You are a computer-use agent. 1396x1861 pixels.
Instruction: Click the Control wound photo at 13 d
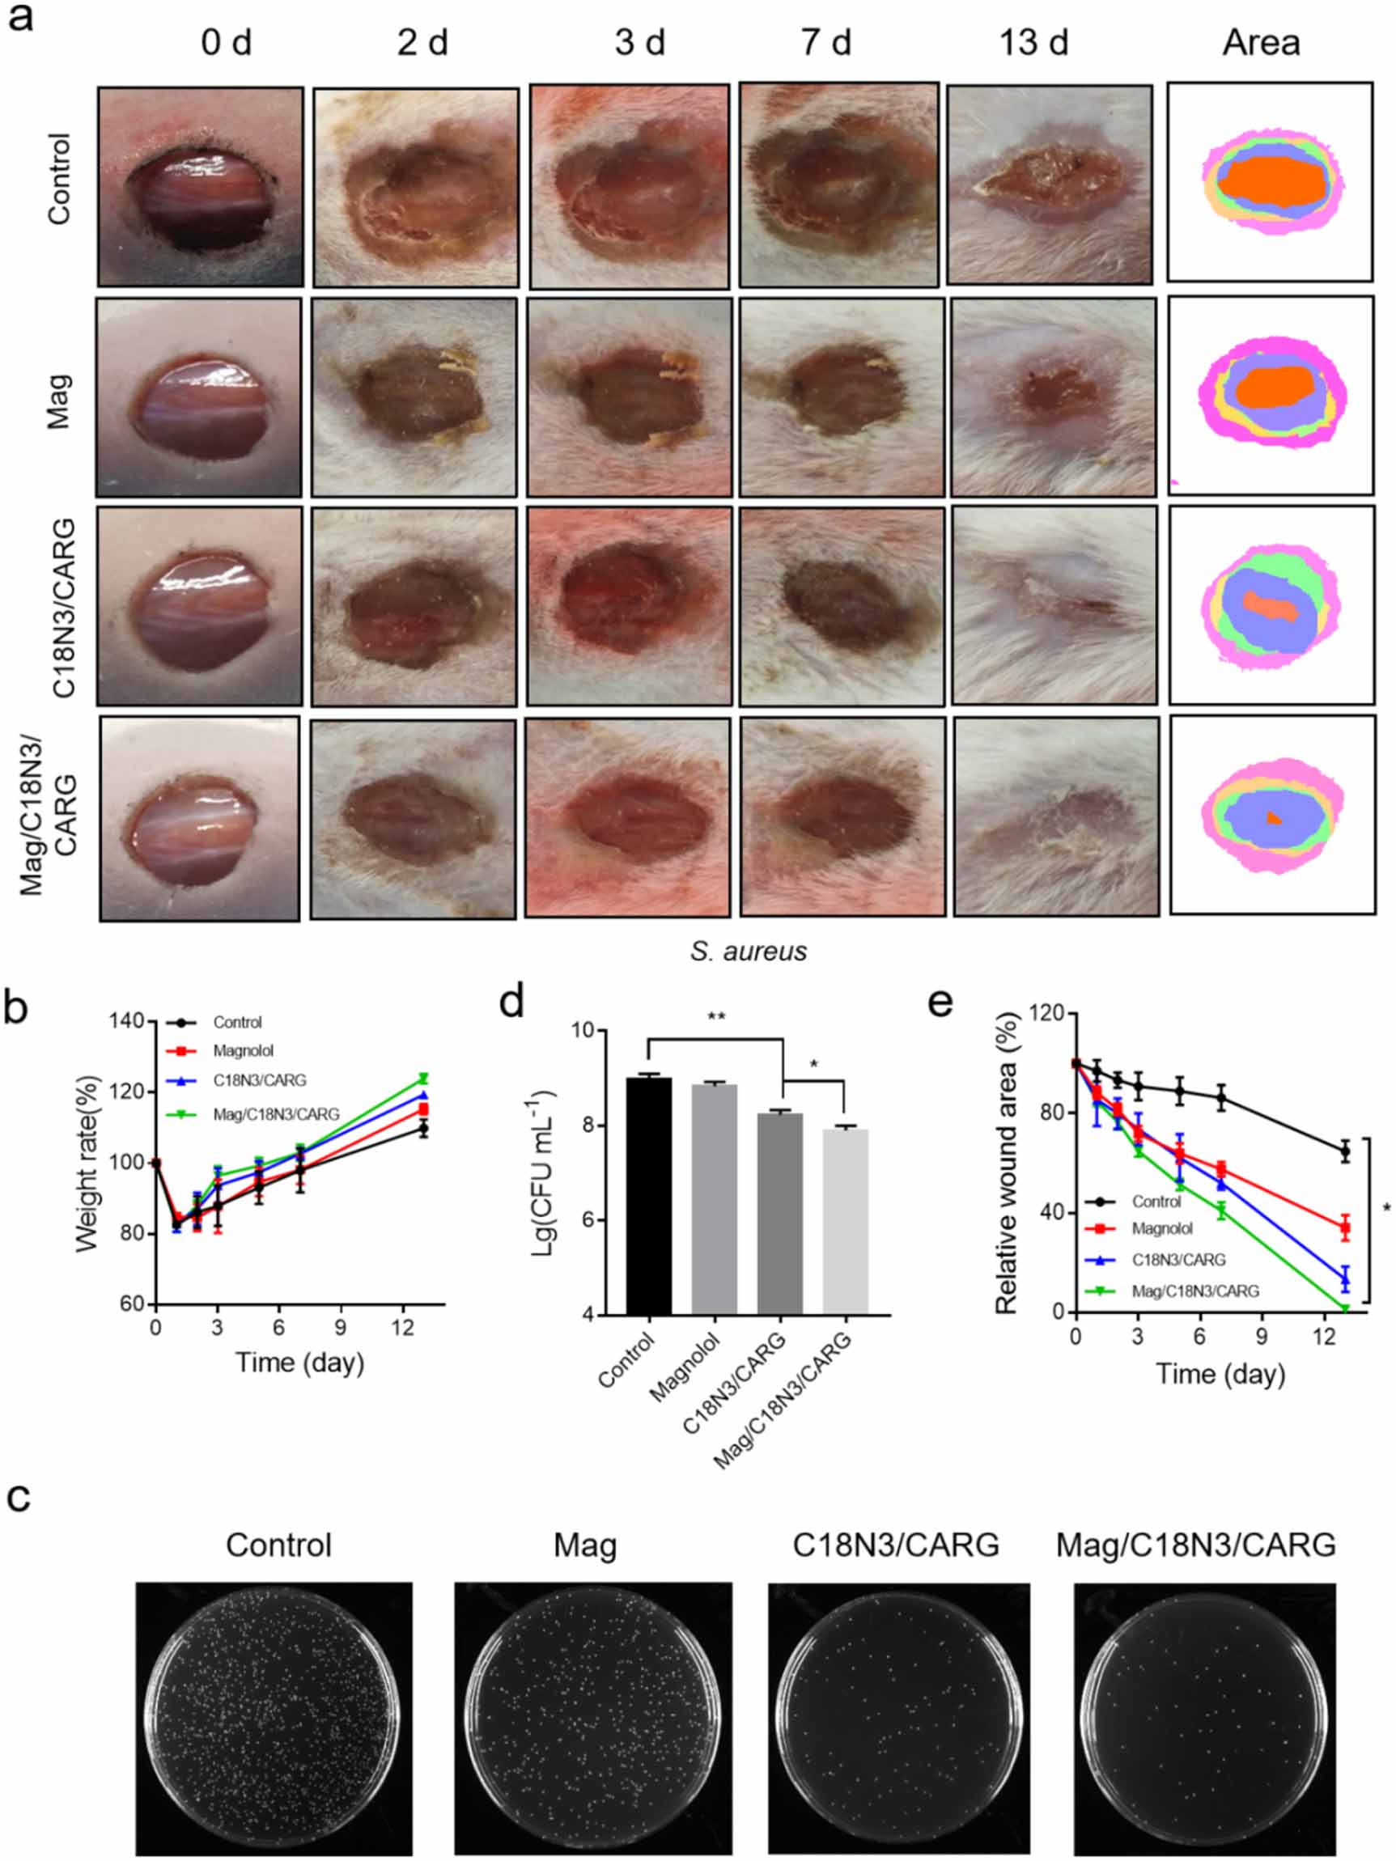[1050, 184]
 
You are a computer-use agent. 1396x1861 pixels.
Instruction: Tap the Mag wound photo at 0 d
[198, 397]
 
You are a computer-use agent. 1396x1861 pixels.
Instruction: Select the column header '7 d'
[826, 42]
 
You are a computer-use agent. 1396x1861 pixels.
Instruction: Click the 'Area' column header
[1260, 42]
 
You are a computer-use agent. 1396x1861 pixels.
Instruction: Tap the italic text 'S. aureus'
[748, 951]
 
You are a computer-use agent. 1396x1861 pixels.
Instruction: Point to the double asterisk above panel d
[716, 1016]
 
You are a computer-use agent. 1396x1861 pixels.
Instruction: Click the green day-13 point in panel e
[1345, 1309]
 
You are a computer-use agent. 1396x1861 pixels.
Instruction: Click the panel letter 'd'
[511, 1003]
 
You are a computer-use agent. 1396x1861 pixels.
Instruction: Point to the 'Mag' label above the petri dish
[585, 1545]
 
